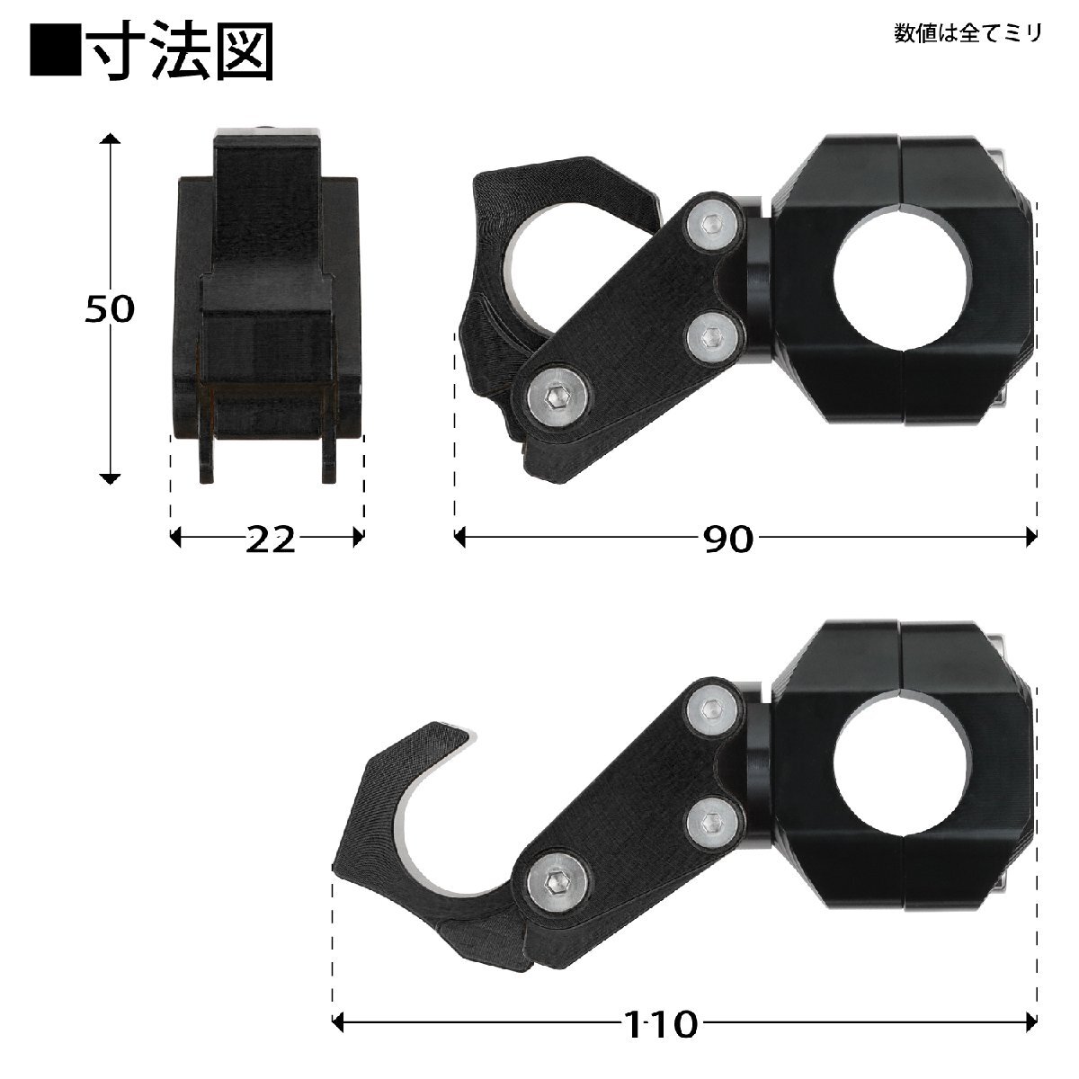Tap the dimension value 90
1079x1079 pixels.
[x=727, y=539]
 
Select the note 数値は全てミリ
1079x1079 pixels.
[x=968, y=33]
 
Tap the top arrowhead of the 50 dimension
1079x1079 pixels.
[x=110, y=138]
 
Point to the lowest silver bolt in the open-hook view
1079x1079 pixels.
[x=555, y=882]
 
